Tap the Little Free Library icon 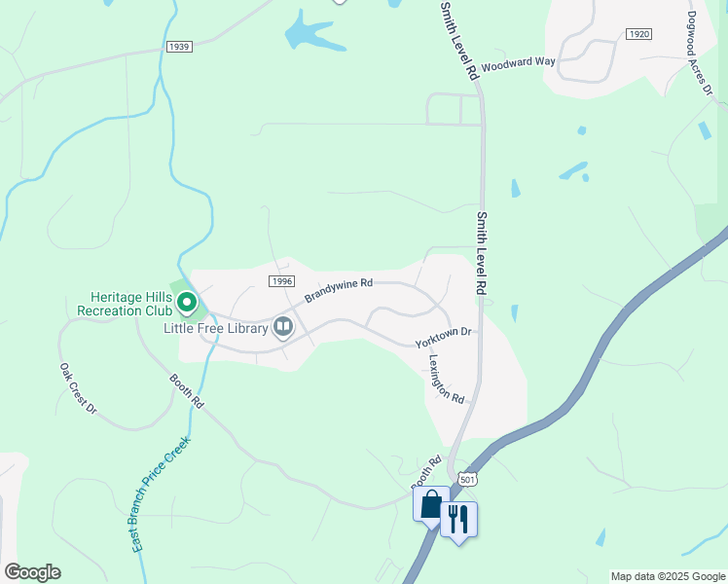(x=283, y=327)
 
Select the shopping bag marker (x=429, y=505)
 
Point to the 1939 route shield (x=179, y=46)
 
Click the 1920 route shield (x=638, y=34)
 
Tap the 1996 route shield (x=280, y=281)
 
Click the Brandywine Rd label (x=339, y=289)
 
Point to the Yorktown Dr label (x=443, y=338)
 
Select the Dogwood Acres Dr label (x=701, y=54)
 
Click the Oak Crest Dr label (x=78, y=389)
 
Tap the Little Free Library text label (x=215, y=328)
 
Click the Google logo (x=32, y=572)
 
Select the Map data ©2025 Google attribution (x=668, y=576)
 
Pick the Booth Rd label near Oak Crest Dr (x=186, y=390)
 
